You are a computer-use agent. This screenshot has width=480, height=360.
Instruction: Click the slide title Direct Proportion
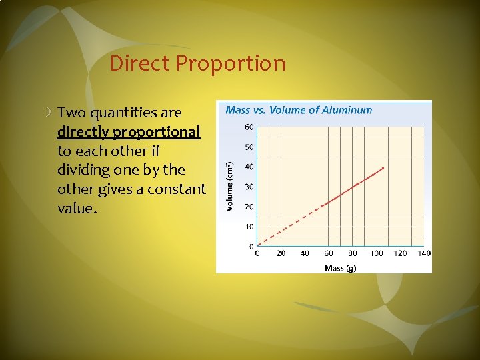pyautogui.click(x=197, y=63)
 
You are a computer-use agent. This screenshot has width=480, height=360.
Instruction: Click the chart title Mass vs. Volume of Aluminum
pyautogui.click(x=299, y=110)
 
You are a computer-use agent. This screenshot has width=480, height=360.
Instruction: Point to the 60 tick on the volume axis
pyautogui.click(x=249, y=127)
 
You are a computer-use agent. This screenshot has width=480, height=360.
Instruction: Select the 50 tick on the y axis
pyautogui.click(x=249, y=147)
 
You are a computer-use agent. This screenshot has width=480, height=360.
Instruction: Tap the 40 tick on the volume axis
pyautogui.click(x=249, y=167)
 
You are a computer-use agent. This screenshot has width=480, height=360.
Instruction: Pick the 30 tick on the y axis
pyautogui.click(x=249, y=187)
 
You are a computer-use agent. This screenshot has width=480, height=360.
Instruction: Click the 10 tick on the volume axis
pyautogui.click(x=249, y=227)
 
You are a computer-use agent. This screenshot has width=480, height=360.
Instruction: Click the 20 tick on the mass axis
pyautogui.click(x=281, y=253)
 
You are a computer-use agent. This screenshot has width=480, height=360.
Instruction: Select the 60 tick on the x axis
pyautogui.click(x=329, y=253)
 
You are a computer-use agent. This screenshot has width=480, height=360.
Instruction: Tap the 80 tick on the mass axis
pyautogui.click(x=353, y=253)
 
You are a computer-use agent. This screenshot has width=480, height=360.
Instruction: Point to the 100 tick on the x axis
pyautogui.click(x=377, y=253)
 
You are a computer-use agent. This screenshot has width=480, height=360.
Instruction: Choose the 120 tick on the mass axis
pyautogui.click(x=401, y=253)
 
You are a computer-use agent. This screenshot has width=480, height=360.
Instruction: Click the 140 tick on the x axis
pyautogui.click(x=424, y=253)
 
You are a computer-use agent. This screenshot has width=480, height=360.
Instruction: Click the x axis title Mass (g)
pyautogui.click(x=340, y=267)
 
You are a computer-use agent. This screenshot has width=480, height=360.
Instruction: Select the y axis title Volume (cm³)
pyautogui.click(x=230, y=187)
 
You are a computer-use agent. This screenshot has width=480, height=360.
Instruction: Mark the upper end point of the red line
pyautogui.click(x=383, y=168)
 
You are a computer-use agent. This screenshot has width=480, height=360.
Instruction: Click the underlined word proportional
pyautogui.click(x=157, y=132)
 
